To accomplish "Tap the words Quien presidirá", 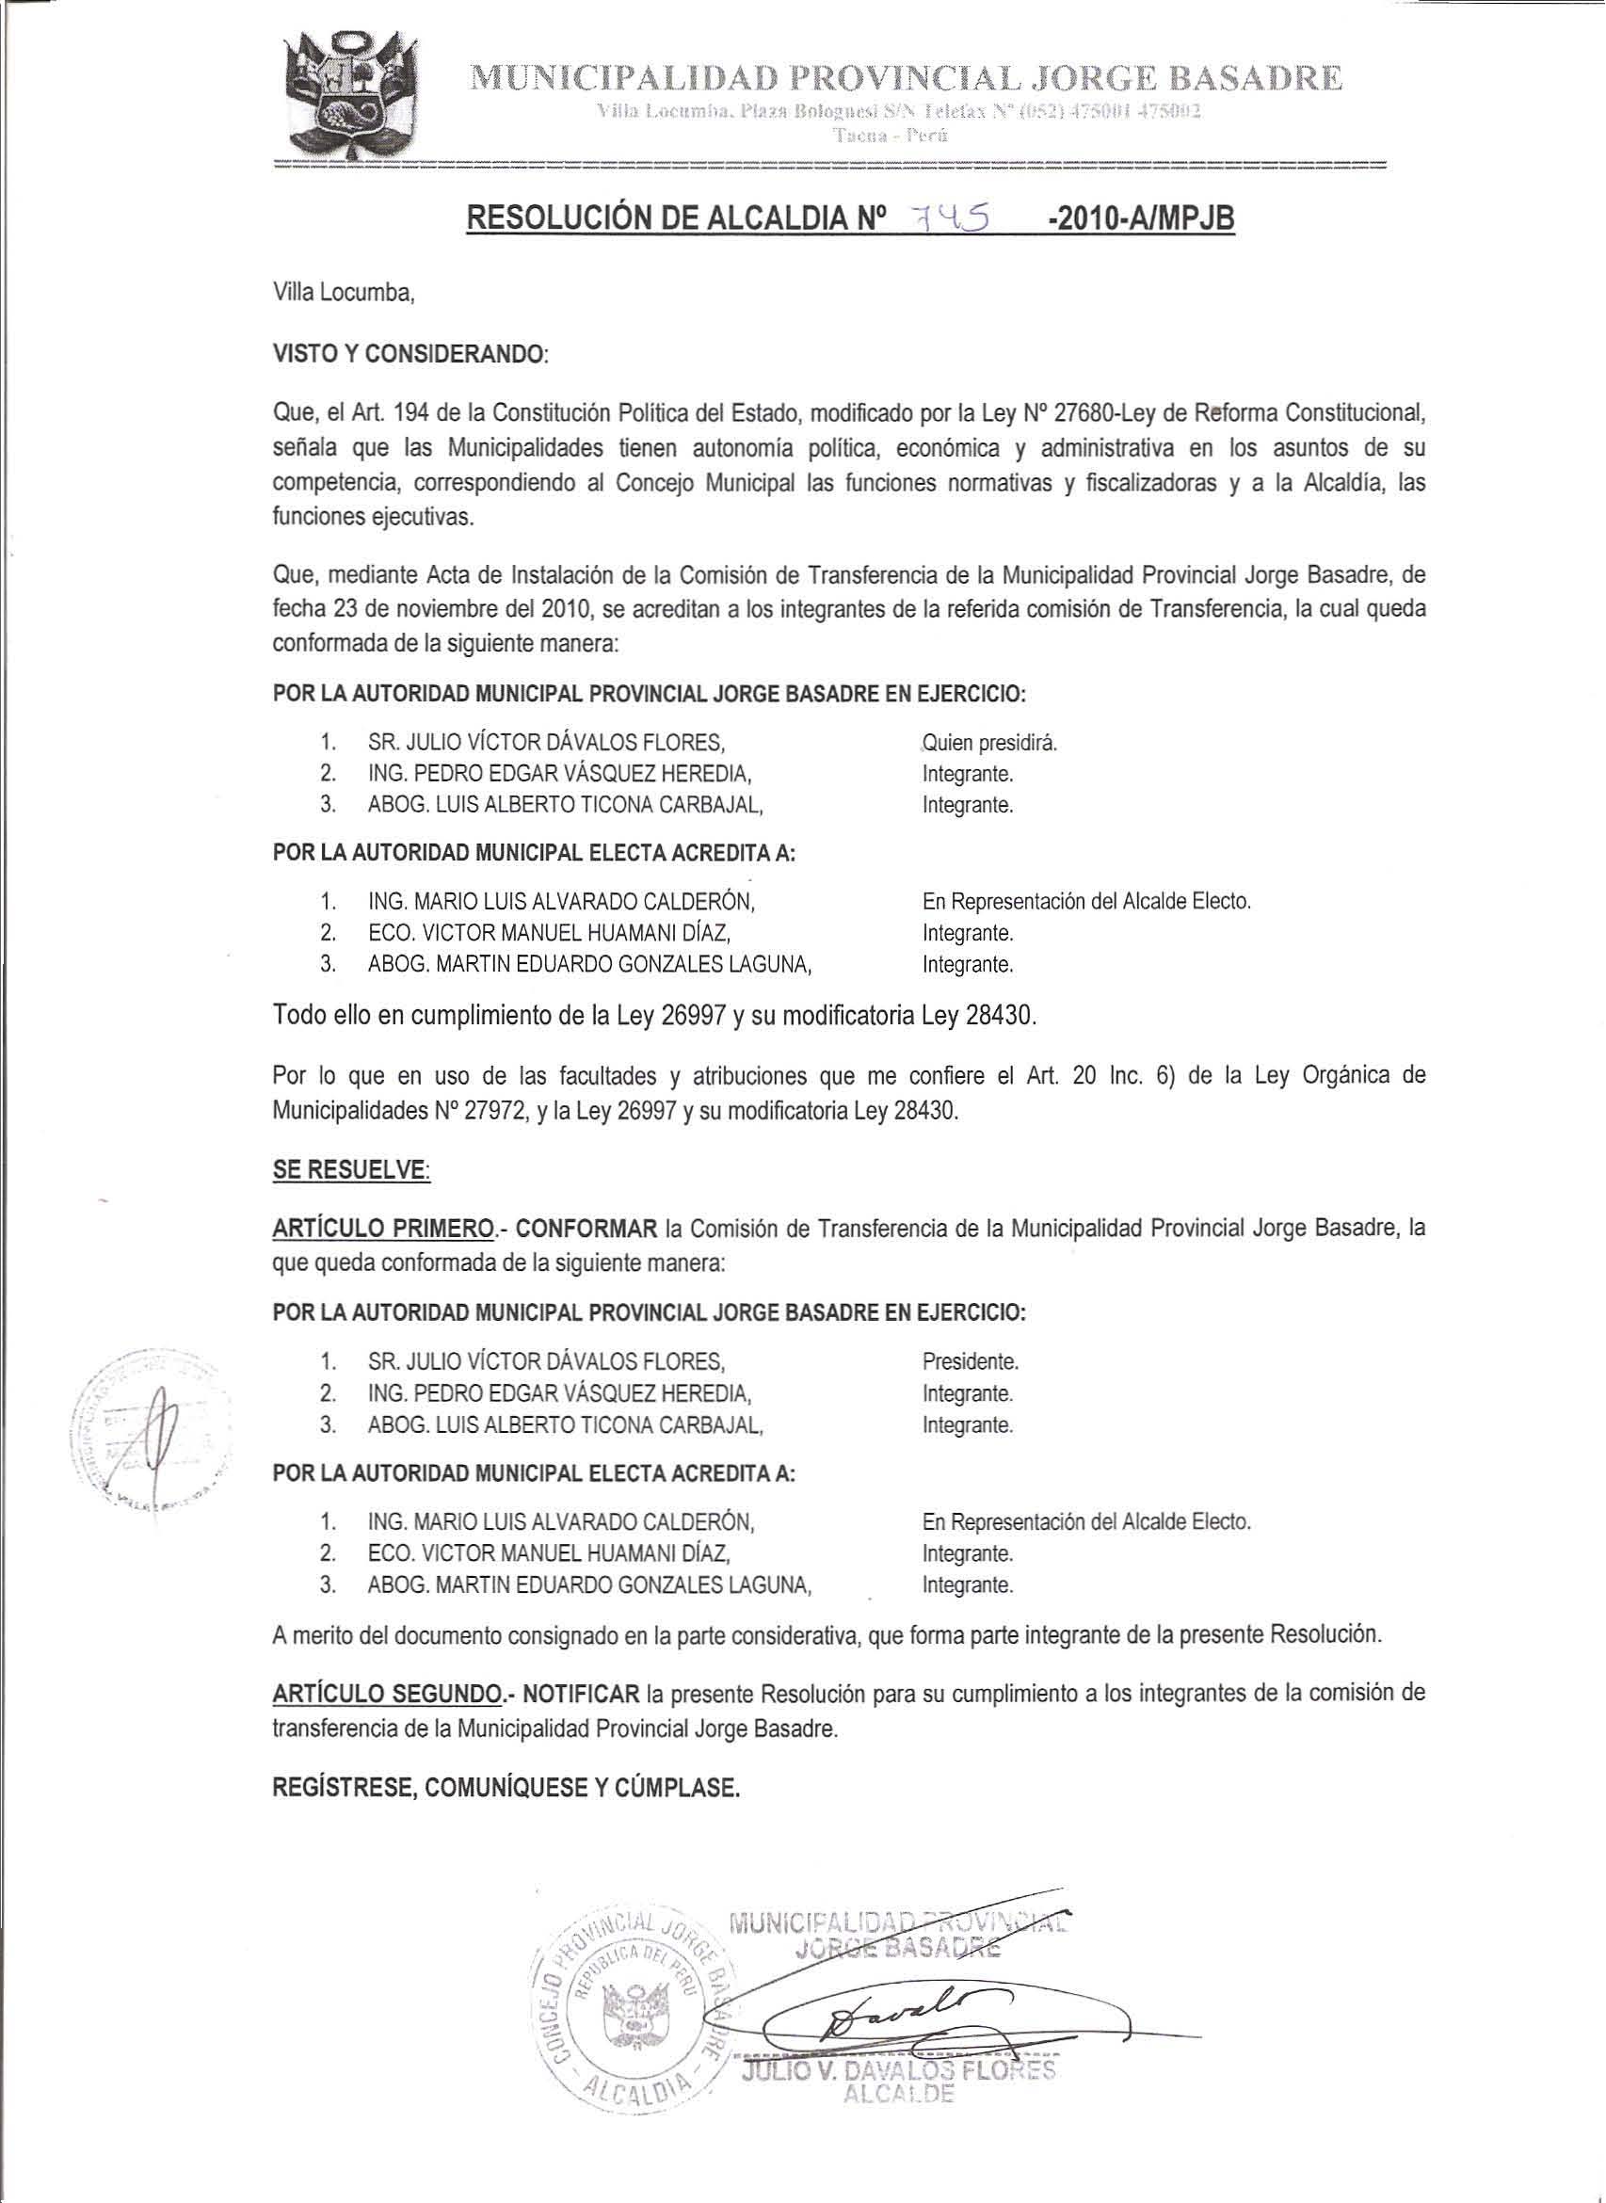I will [x=988, y=744].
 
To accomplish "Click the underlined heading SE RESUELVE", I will [x=351, y=1171].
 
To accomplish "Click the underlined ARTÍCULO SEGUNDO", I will [x=388, y=1694].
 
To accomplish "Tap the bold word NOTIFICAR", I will [x=581, y=1694].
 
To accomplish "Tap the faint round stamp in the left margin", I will [x=151, y=1428].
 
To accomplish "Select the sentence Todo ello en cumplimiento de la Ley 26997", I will [x=656, y=1017].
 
